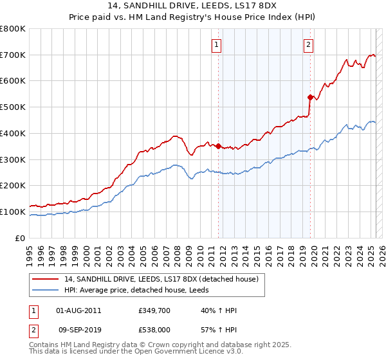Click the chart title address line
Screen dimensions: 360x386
(192, 6)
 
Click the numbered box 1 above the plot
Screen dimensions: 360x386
(216, 45)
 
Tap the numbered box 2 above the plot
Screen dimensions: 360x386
(309, 45)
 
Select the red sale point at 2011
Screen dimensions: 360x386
(218, 146)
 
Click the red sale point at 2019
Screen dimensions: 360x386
(310, 97)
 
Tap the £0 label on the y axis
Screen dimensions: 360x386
(21, 238)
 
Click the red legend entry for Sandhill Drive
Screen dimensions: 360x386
(161, 279)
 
